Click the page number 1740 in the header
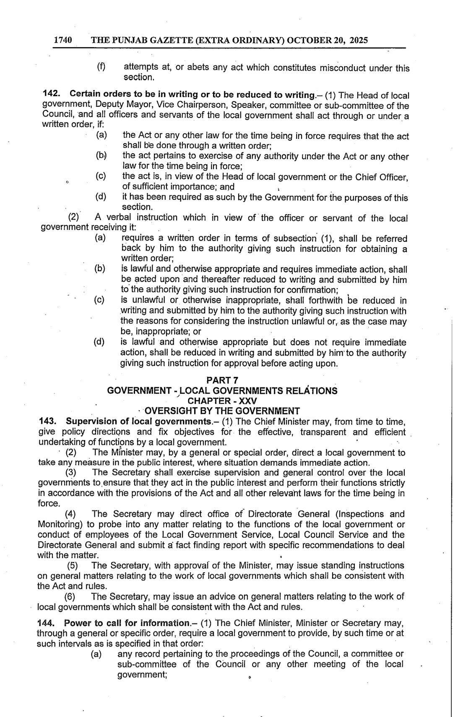tap(63, 40)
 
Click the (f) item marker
tap(101, 67)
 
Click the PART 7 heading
tap(222, 380)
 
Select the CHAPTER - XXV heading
tap(222, 401)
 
